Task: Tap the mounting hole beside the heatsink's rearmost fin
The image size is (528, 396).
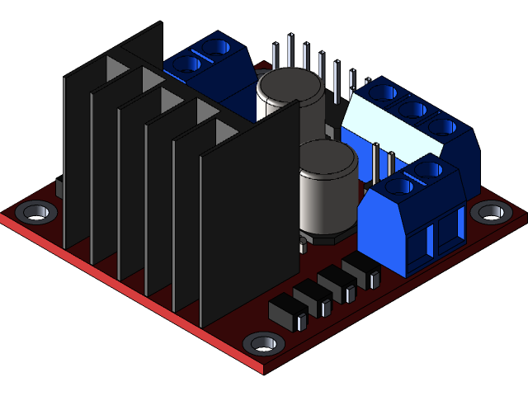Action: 36,212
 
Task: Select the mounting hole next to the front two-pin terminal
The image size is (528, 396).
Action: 491,212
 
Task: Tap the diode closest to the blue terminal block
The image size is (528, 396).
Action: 361,269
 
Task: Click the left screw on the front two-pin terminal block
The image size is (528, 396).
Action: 401,186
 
